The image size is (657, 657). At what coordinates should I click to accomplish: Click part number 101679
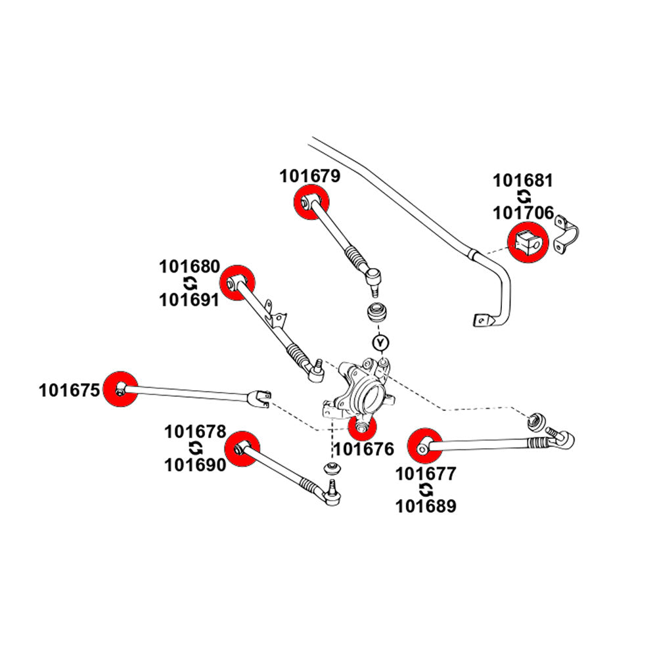(x=309, y=176)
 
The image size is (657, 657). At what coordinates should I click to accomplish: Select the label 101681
(x=523, y=180)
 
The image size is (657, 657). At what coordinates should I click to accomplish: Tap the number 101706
(x=523, y=213)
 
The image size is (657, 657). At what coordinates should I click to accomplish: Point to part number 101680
(x=190, y=267)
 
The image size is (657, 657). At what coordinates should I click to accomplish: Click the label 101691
(x=190, y=300)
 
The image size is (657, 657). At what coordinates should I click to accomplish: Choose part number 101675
(x=69, y=391)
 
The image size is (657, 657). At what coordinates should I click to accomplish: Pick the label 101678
(x=195, y=432)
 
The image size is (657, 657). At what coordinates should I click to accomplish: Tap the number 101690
(x=195, y=464)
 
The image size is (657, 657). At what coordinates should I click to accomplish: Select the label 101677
(x=424, y=472)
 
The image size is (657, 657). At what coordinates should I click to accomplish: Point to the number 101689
(x=424, y=506)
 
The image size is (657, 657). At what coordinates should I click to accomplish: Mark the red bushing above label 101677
(x=423, y=446)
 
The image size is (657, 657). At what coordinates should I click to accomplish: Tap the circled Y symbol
(x=380, y=342)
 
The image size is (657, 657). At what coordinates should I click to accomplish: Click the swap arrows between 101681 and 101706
(x=524, y=196)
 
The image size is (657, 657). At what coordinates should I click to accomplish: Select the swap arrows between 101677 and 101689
(x=425, y=489)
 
